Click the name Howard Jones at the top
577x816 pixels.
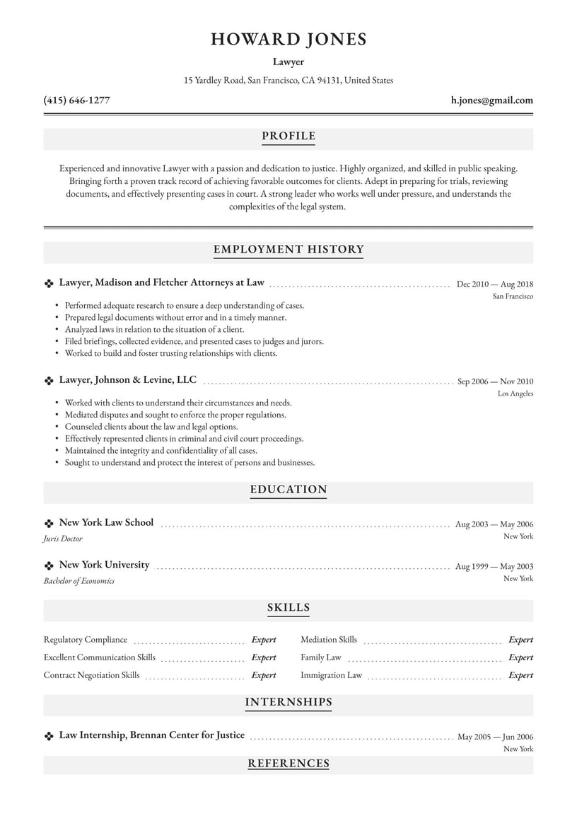coord(288,40)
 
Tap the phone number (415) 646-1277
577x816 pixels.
coord(76,100)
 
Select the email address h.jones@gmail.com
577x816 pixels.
coord(491,100)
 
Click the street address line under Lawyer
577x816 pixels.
coord(288,81)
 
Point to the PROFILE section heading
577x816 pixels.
coord(288,136)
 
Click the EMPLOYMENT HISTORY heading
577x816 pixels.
coord(288,249)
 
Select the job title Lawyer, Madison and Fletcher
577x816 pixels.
coord(161,282)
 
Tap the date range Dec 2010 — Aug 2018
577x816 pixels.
coord(495,284)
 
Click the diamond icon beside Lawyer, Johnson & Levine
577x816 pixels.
coord(49,381)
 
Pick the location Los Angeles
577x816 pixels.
coord(515,393)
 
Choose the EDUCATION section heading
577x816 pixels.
coord(288,489)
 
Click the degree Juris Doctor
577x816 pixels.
coord(63,539)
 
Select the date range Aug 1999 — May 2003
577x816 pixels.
coord(494,566)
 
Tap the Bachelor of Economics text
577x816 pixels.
coord(78,581)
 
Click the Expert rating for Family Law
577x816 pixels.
coord(520,657)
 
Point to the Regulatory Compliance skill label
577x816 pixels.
coord(86,640)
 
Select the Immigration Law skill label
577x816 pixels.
coord(331,675)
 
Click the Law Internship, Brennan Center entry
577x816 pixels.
coord(151,735)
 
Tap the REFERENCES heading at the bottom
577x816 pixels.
coord(288,763)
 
